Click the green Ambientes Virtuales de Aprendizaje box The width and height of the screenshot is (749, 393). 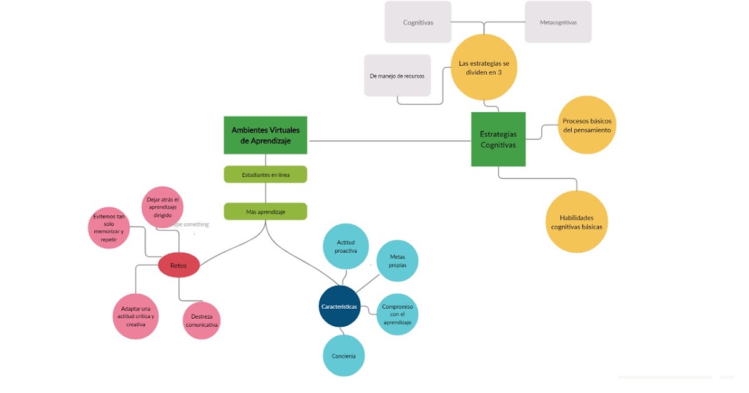pos(265,135)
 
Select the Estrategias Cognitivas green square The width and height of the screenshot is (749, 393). pos(498,139)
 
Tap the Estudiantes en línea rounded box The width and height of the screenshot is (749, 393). pos(265,175)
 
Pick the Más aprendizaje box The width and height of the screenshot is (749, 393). pos(265,211)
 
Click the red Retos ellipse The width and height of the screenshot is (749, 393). pos(179,265)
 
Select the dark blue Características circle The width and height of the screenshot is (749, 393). pos(340,306)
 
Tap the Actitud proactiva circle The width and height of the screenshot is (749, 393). pos(346,246)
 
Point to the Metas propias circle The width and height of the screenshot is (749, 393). pos(398,260)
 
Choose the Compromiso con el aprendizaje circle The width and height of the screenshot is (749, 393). pos(397,314)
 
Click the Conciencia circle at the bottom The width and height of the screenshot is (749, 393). pos(344,356)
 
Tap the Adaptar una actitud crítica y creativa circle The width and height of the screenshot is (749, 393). pos(135,316)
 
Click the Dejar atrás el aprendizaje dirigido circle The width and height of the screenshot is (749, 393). pos(162,207)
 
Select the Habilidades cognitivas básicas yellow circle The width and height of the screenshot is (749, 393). pos(577,222)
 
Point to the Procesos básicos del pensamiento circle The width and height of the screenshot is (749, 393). pos(587,125)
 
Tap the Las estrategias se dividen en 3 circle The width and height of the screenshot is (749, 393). pos(484,67)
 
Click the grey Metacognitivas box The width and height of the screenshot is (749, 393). pos(558,22)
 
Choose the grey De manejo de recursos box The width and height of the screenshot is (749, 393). pos(397,75)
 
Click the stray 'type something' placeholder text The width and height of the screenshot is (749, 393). pos(192,224)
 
